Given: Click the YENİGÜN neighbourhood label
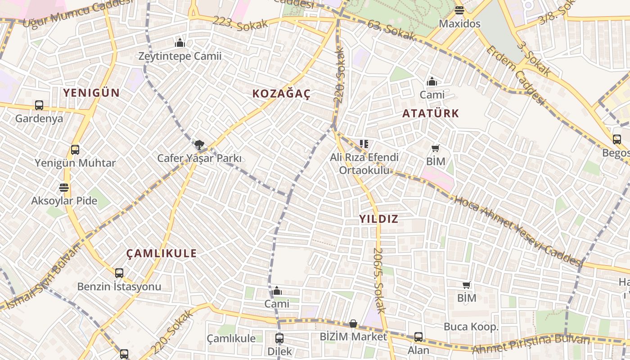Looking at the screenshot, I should tap(91, 93).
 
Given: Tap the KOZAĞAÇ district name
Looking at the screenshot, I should tap(282, 94).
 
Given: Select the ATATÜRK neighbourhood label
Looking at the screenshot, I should tap(431, 113).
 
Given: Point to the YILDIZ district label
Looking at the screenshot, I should tap(379, 219).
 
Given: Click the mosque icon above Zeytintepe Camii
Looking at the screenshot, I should tap(180, 43).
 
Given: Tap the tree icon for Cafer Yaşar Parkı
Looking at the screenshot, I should tap(199, 145).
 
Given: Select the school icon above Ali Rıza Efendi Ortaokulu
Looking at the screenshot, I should tap(364, 144).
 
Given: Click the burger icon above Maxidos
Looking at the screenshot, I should tap(459, 10).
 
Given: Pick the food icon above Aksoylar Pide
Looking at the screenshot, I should tap(64, 188).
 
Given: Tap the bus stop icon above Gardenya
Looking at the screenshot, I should tap(39, 105).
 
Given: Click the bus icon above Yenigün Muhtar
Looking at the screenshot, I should tap(75, 150).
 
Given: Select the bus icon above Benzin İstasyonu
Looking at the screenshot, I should tap(119, 273).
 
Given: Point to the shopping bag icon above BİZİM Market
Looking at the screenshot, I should tap(353, 324).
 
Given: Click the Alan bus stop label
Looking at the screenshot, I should tap(418, 350).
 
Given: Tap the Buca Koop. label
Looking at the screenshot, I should tap(471, 327).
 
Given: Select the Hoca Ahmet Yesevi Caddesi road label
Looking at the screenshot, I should tap(517, 230).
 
